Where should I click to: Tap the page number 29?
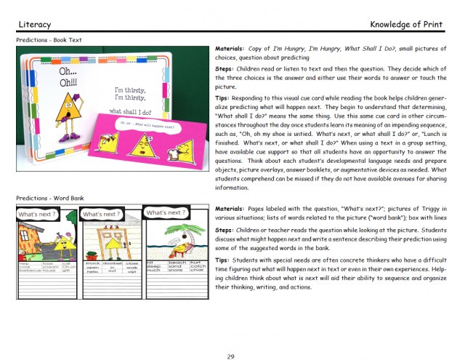point(230,335)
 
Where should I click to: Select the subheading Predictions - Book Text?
point(49,40)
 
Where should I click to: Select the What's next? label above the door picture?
point(101,215)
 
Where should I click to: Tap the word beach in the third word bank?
point(177,263)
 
